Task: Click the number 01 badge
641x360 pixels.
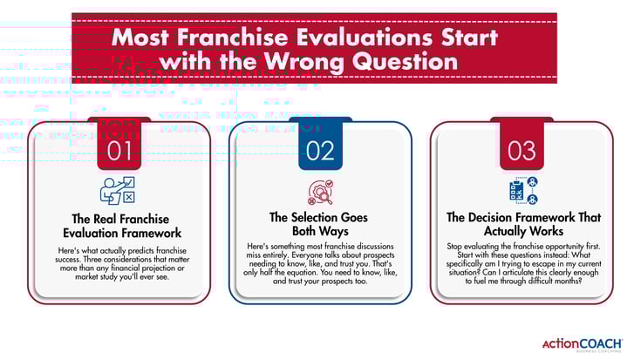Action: [119, 149]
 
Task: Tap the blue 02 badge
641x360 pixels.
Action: [320, 149]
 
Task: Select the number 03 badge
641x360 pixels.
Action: [522, 149]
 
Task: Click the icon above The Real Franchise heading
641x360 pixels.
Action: [119, 191]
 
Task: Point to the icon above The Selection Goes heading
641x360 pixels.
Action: [320, 192]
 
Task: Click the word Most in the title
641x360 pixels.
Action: [144, 38]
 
